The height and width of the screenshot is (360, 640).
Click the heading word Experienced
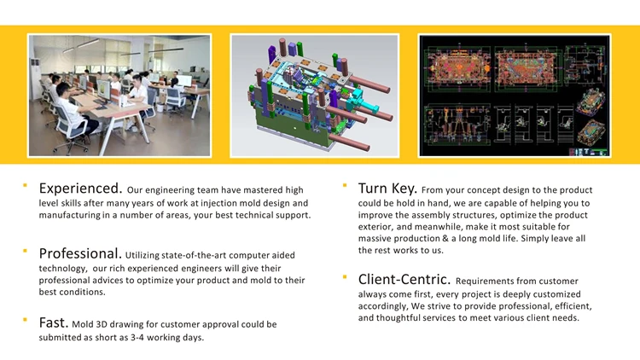pos(80,189)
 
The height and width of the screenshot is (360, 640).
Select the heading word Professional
pos(80,254)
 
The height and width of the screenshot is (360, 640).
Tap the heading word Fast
pos(54,322)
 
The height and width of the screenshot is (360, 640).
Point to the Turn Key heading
pos(387,189)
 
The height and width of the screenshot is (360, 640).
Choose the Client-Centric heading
pos(404,280)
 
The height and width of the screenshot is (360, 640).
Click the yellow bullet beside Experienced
pos(25,185)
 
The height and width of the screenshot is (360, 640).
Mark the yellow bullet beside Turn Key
pos(345,185)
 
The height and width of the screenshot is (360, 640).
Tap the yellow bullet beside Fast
pos(25,320)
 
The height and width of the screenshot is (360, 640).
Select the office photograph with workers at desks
pos(119,96)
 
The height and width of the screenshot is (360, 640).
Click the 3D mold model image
pos(314,96)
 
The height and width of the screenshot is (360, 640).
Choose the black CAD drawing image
pos(515,96)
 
